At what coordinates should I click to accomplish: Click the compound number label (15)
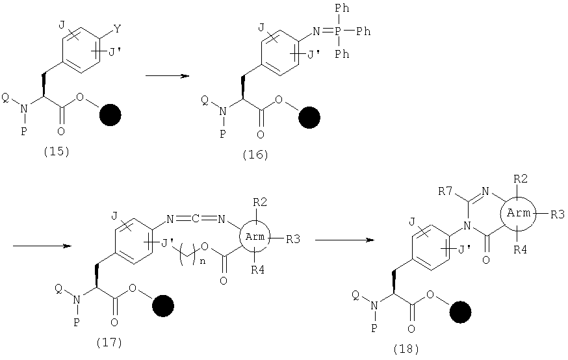pyautogui.click(x=56, y=151)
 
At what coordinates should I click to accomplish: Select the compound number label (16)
pyautogui.click(x=255, y=155)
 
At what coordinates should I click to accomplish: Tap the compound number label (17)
pyautogui.click(x=109, y=342)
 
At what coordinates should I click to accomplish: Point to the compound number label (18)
pyautogui.click(x=406, y=349)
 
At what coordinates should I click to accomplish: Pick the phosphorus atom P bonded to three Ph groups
pyautogui.click(x=337, y=31)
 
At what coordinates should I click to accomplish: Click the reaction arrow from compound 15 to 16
pyautogui.click(x=167, y=75)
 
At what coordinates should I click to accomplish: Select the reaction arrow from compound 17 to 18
pyautogui.click(x=344, y=240)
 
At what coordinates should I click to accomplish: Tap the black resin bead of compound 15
pyautogui.click(x=110, y=115)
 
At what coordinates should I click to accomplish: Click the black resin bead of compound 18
pyautogui.click(x=460, y=312)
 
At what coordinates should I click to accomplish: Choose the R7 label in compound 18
pyautogui.click(x=445, y=191)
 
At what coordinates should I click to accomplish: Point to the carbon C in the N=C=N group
pyautogui.click(x=195, y=219)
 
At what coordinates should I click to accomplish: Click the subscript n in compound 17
pyautogui.click(x=203, y=261)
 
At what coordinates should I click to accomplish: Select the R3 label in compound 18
pyautogui.click(x=558, y=214)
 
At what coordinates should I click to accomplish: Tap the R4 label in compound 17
pyautogui.click(x=257, y=270)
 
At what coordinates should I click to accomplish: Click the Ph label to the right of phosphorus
pyautogui.click(x=364, y=31)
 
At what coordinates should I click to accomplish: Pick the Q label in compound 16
pyautogui.click(x=204, y=101)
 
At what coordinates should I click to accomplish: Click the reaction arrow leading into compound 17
pyautogui.click(x=42, y=246)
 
